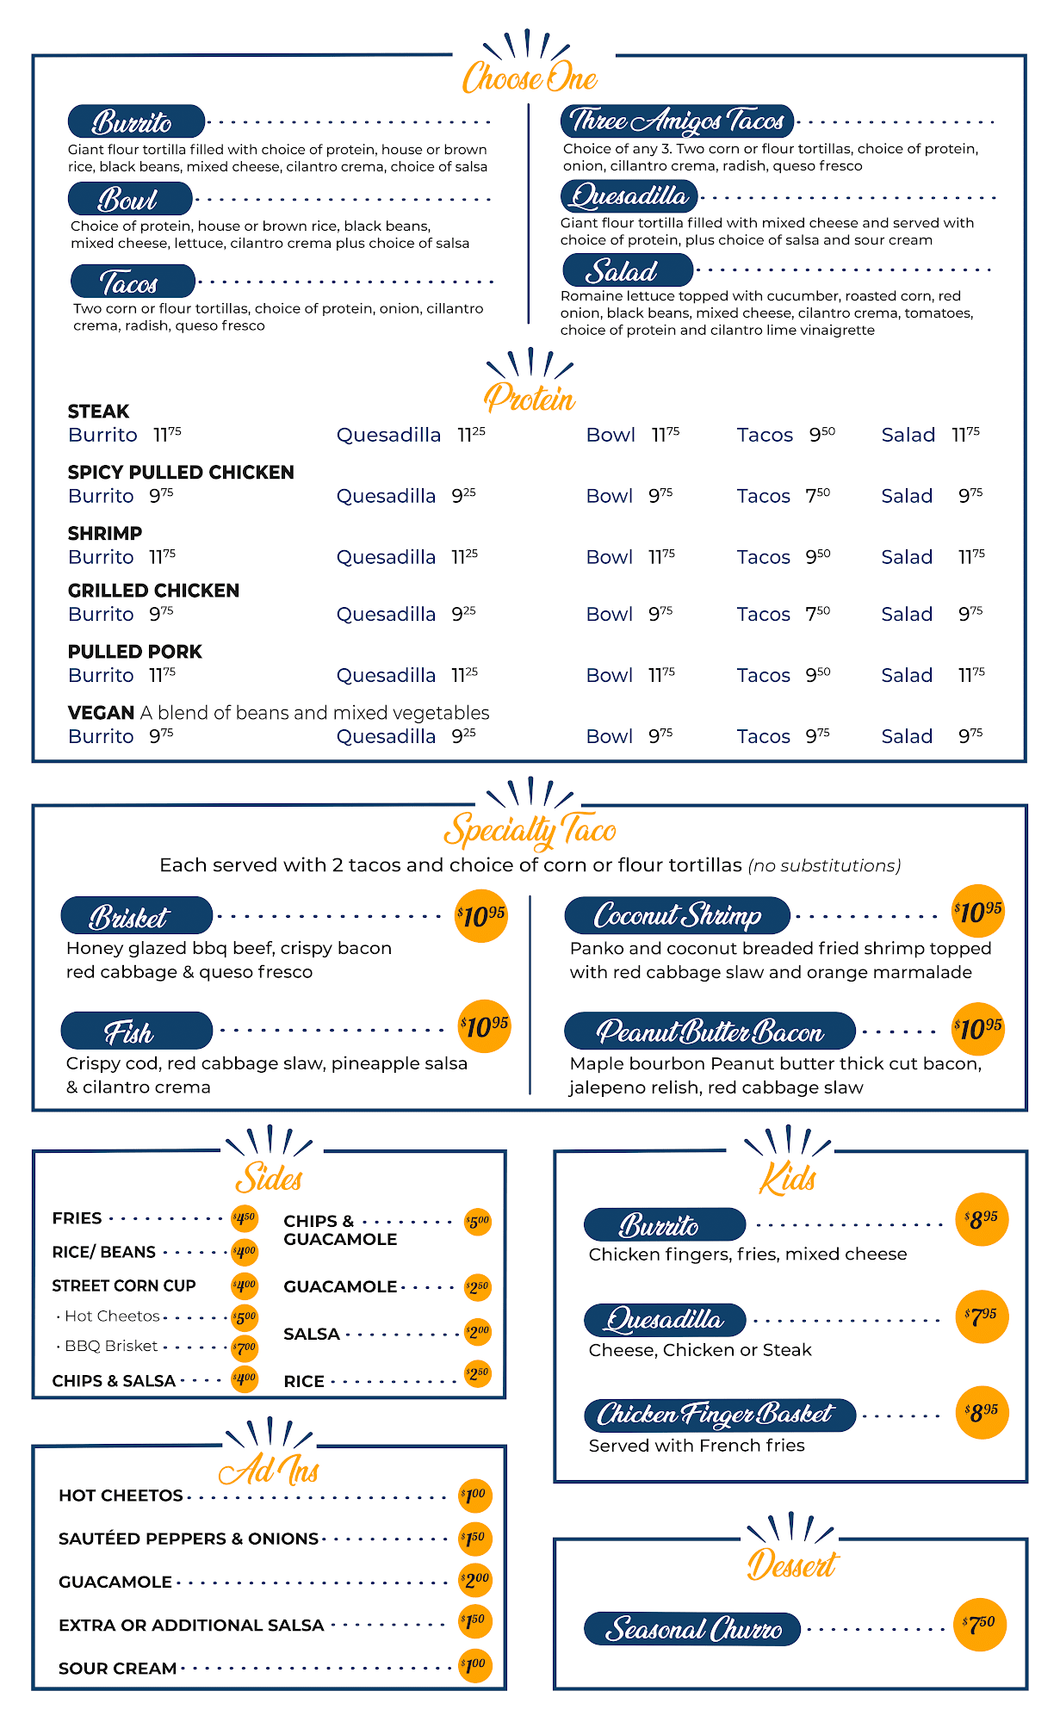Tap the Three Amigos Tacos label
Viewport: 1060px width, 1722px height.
coord(677,121)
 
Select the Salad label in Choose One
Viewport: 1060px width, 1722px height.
coord(627,271)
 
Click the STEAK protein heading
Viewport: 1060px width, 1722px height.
coord(98,412)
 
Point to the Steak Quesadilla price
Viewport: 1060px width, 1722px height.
coord(471,434)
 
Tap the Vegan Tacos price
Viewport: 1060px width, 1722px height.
coord(818,736)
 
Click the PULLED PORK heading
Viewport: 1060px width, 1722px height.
coord(135,652)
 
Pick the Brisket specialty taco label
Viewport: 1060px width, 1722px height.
coord(136,916)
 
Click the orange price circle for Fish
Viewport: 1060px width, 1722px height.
coord(484,1025)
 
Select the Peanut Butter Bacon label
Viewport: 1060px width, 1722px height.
coord(710,1031)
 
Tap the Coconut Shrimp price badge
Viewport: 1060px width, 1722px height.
coord(978,912)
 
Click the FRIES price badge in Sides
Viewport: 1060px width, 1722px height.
coord(245,1218)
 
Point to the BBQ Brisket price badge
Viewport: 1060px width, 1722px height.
coord(245,1347)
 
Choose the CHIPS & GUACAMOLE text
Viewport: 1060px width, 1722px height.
coord(340,1230)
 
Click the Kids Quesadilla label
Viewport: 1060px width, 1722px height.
coord(664,1319)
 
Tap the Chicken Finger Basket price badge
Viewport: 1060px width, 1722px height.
coord(982,1413)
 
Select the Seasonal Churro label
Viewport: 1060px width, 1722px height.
coord(692,1629)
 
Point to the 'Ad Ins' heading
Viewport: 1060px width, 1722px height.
coord(269,1470)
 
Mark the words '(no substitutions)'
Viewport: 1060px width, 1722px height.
coord(824,865)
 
